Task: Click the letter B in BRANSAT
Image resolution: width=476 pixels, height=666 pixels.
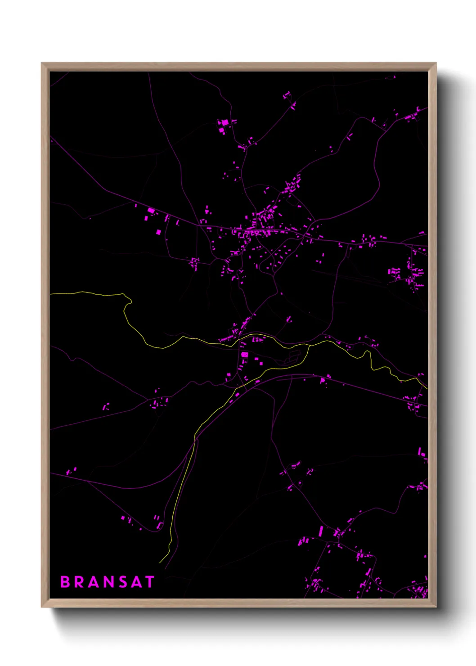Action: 65,582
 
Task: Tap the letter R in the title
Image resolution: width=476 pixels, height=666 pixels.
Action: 80,582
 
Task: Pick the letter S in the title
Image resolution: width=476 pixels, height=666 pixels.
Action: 122,582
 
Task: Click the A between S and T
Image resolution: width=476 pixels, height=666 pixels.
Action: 136,582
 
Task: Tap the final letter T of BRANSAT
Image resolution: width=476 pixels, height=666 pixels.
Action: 149,582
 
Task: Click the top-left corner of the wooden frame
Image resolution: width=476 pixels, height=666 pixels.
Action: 42,63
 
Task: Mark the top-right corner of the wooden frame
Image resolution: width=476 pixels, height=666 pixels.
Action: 436,63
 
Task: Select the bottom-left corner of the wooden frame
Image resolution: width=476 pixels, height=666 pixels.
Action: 42,607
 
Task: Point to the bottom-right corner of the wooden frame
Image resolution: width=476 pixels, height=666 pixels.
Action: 436,607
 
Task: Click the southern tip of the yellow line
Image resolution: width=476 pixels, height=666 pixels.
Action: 160,562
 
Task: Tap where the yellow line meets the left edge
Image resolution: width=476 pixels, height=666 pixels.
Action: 51,293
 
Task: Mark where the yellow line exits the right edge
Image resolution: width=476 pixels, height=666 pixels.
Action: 427,388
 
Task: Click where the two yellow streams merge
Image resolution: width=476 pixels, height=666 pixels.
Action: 310,346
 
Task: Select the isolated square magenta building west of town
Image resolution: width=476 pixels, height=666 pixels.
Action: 158,232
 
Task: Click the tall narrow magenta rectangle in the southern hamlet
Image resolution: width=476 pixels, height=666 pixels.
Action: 321,531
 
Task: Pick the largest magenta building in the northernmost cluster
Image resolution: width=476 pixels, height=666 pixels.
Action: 225,122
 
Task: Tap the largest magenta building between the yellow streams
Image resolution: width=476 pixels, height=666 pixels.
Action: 244,355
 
